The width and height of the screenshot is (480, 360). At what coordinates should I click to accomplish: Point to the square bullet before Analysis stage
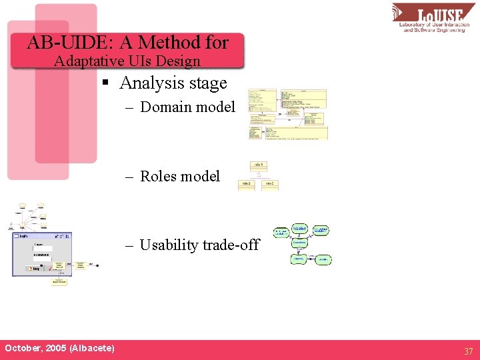(105, 83)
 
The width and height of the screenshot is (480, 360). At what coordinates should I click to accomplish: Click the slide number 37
(469, 351)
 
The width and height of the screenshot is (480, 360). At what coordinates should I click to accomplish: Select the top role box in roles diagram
(259, 165)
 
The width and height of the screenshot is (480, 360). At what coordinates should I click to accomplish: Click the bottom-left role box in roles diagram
(246, 185)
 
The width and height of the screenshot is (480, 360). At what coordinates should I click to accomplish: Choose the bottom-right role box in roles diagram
(270, 185)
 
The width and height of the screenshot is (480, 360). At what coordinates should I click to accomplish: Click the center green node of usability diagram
(299, 244)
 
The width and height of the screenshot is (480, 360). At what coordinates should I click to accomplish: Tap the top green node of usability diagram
(299, 229)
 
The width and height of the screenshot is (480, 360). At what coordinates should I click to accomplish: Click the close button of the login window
(68, 236)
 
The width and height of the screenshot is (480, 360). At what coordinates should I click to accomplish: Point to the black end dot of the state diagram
(100, 265)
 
